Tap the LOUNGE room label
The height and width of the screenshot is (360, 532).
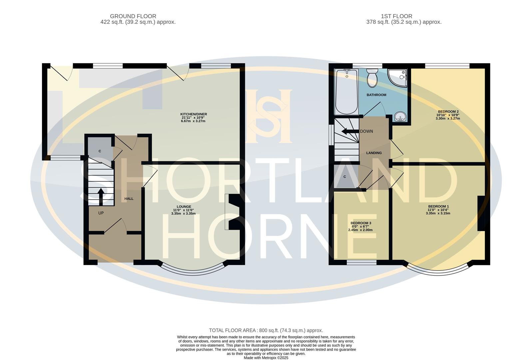[184, 207]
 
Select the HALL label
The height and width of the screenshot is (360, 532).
[129, 199]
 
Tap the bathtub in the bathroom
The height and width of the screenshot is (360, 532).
[346, 91]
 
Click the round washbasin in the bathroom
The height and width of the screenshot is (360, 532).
[400, 117]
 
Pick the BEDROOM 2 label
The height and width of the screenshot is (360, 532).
[448, 112]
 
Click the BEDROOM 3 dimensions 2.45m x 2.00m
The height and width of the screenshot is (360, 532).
[360, 230]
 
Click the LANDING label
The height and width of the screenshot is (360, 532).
[374, 153]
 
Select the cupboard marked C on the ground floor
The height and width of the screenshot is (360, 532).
[100, 151]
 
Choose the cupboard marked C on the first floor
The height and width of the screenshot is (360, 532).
[345, 177]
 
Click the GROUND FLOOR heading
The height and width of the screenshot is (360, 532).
[133, 16]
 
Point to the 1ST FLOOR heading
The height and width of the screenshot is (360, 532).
[396, 16]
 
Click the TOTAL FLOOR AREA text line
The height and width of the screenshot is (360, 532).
[266, 330]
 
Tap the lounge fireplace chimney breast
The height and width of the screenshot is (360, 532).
[234, 212]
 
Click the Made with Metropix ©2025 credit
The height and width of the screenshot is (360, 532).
[266, 358]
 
